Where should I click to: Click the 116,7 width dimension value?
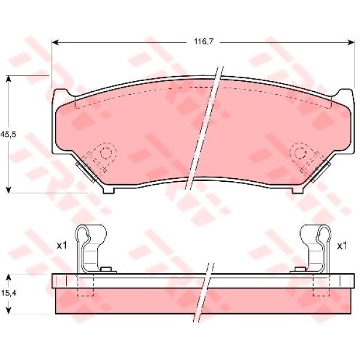click(204, 42)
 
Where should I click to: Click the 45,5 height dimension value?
click(8, 134)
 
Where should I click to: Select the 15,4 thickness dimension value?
click(8, 293)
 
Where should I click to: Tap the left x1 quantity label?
click(62, 246)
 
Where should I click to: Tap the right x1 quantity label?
click(342, 246)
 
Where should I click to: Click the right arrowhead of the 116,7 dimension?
click(350, 42)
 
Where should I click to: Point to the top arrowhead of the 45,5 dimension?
click(8, 79)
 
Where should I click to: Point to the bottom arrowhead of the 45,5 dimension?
click(8, 189)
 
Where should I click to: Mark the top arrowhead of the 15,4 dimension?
click(8, 277)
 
